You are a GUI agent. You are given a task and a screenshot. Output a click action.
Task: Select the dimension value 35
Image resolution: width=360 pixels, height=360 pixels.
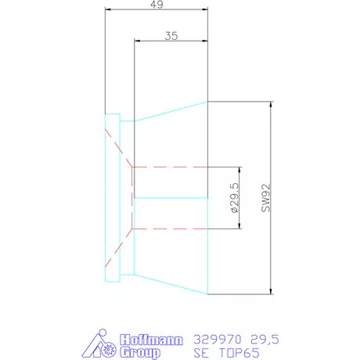pyautogui.click(x=172, y=35)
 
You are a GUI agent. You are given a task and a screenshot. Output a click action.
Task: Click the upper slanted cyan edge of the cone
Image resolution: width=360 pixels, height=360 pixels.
pyautogui.click(x=171, y=111)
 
